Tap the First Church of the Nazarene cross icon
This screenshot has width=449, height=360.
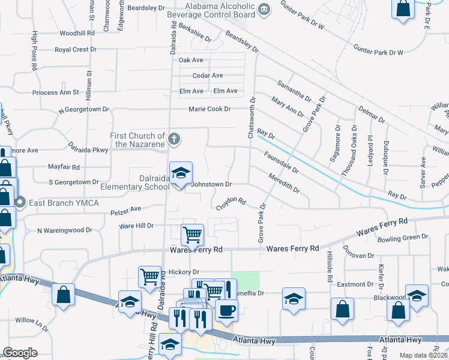(x=174, y=140)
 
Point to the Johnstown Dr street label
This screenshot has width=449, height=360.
(x=211, y=185)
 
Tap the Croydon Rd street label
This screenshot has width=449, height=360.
(x=231, y=203)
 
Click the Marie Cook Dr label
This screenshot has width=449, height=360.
(x=209, y=109)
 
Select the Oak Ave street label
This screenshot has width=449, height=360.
(x=191, y=60)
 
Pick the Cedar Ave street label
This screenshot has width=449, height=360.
(x=208, y=76)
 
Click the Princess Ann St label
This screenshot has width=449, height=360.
(x=56, y=92)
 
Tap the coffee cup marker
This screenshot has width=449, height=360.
(x=226, y=310)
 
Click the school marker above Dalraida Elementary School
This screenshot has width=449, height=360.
(x=181, y=173)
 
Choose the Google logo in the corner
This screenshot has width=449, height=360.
(x=20, y=352)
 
